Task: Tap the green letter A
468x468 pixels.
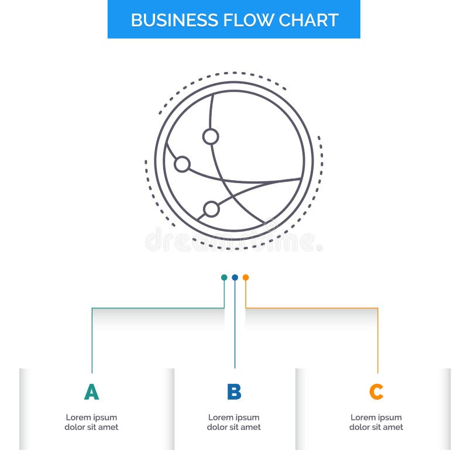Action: [91, 392]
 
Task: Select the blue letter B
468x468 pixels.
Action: [234, 392]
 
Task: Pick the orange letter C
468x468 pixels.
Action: [376, 392]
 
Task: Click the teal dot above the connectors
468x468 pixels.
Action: [224, 277]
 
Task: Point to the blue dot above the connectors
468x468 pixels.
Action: [235, 277]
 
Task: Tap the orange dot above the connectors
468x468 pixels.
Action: [246, 277]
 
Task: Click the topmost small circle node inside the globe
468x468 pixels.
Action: [211, 136]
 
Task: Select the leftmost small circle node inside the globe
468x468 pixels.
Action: [182, 164]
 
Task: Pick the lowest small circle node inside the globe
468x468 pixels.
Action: [211, 209]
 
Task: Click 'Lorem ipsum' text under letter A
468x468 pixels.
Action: [91, 417]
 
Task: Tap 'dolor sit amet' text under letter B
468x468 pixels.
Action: [234, 427]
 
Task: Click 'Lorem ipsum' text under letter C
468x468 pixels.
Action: [376, 417]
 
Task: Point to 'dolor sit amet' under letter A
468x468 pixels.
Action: [91, 427]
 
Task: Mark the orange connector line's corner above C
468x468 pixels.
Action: [377, 308]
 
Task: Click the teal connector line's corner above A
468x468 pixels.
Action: [92, 308]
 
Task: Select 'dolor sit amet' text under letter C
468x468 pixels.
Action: [376, 427]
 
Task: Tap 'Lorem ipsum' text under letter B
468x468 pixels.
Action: [234, 417]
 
